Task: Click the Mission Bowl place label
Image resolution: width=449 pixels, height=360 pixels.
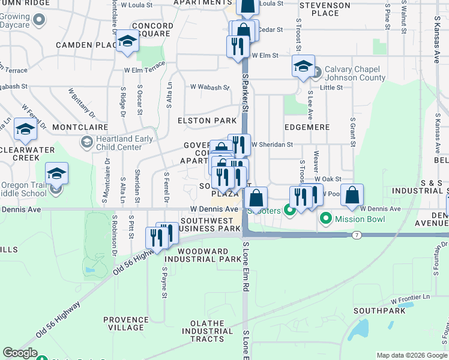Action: [x=359, y=219]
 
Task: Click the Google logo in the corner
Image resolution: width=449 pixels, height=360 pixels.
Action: [x=20, y=353]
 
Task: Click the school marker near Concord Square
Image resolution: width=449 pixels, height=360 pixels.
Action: [x=127, y=41]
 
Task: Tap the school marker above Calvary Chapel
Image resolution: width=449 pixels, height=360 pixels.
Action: [x=303, y=66]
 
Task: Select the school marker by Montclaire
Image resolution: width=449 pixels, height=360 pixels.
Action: [x=25, y=129]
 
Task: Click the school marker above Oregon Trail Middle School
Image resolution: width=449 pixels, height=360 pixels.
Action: [x=57, y=173]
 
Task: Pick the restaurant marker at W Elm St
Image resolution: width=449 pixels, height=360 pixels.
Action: [x=238, y=46]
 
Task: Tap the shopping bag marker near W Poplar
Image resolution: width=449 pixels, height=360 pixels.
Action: [x=352, y=195]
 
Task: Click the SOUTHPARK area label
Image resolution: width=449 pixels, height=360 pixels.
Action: [x=376, y=311]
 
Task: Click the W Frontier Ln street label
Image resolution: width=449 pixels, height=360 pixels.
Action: [x=411, y=298]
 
